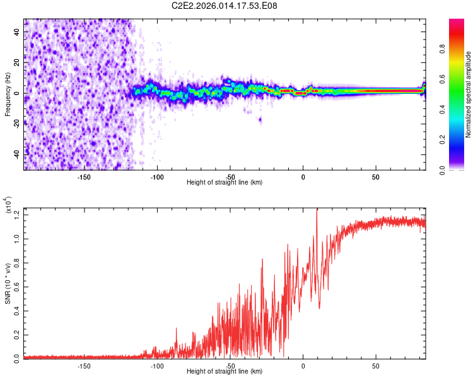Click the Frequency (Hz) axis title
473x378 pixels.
[x=7, y=94]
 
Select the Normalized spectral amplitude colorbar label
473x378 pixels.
[x=469, y=94]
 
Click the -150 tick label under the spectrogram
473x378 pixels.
[x=84, y=177]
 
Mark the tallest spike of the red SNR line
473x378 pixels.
[x=317, y=210]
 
